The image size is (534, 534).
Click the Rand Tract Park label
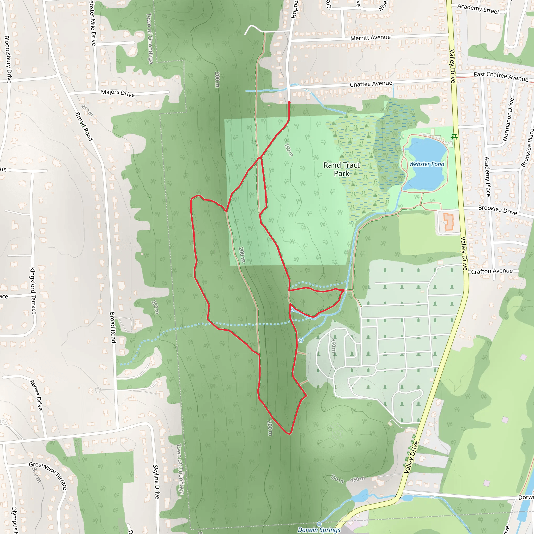coord(342,169)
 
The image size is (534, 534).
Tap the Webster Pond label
coord(427,164)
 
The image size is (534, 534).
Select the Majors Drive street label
coord(118,93)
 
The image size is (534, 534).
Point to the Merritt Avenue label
coord(370,38)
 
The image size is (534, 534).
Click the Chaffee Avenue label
coord(371,84)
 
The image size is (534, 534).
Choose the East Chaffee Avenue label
coord(501,77)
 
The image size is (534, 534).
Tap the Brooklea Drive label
coord(497,210)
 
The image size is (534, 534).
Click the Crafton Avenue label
coord(492,271)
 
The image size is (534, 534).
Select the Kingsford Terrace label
coord(33,290)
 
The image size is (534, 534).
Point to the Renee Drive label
coord(36,395)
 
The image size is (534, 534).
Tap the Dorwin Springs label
coord(319,530)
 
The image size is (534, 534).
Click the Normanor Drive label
coord(508,120)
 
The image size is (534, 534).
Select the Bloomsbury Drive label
coord(8,59)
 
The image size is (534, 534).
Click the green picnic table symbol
coord(454,137)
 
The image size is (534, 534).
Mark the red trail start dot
coord(289,103)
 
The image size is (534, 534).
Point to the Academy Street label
coord(478,9)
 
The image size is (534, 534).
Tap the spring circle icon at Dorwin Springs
coord(319,524)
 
